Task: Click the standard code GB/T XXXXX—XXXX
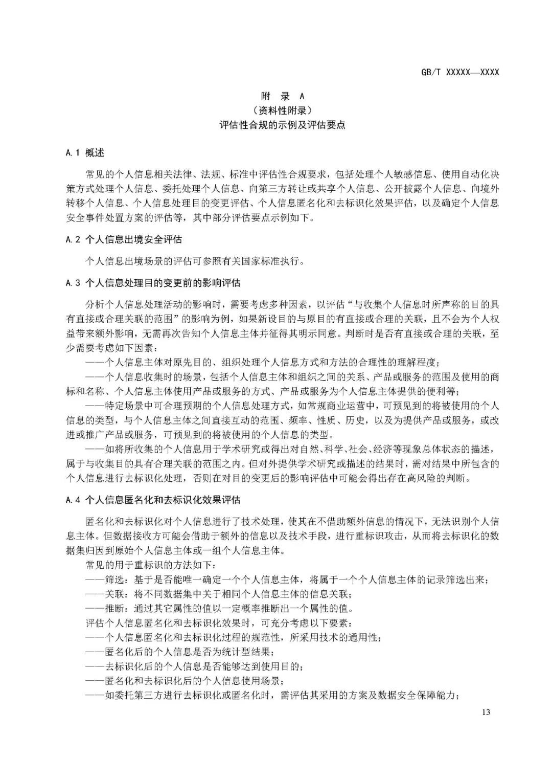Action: (x=460, y=72)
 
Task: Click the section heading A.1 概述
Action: (x=85, y=152)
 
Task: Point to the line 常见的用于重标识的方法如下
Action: (x=151, y=566)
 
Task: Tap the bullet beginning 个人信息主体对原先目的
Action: (x=261, y=363)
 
